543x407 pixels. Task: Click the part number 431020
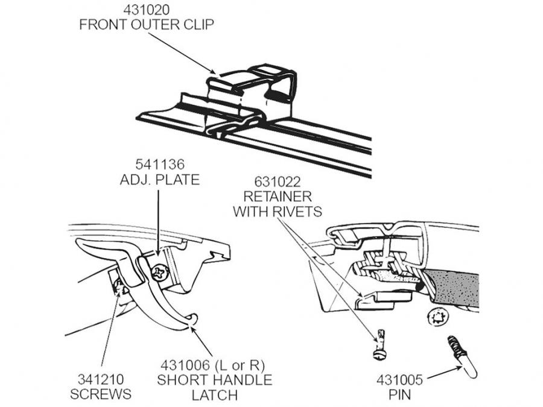pos(147,10)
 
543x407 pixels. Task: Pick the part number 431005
pos(399,380)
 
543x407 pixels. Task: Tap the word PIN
pos(399,396)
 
